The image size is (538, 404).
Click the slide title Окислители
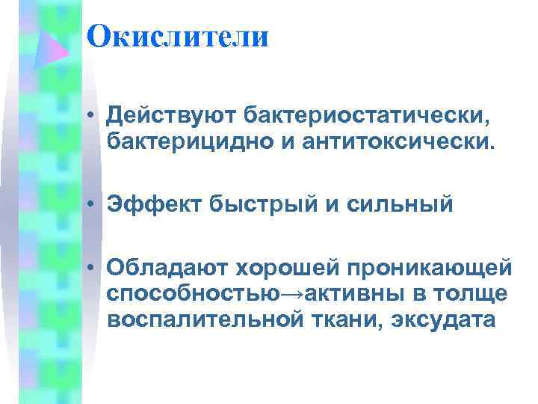pos(177,37)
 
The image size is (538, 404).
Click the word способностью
pos(194,293)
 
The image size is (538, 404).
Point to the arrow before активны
pos(292,293)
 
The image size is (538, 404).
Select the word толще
pos(477,293)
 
